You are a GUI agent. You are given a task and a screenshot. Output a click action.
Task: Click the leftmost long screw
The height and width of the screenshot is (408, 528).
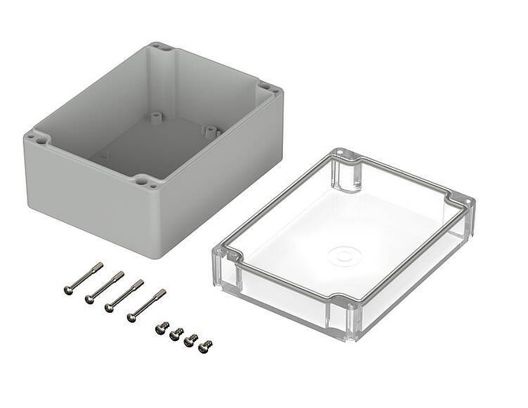pos(83,279)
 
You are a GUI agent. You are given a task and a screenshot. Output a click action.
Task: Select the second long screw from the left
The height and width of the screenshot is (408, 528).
pos(105,287)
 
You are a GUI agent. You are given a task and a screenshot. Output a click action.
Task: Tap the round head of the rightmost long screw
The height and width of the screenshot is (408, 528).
pos(132,317)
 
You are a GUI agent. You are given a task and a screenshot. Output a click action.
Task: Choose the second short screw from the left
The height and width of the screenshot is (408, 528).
pos(177,334)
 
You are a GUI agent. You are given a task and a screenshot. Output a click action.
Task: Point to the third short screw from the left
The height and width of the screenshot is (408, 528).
pos(191,340)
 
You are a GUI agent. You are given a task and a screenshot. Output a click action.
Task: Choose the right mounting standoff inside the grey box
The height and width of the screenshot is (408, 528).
pos(210,130)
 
